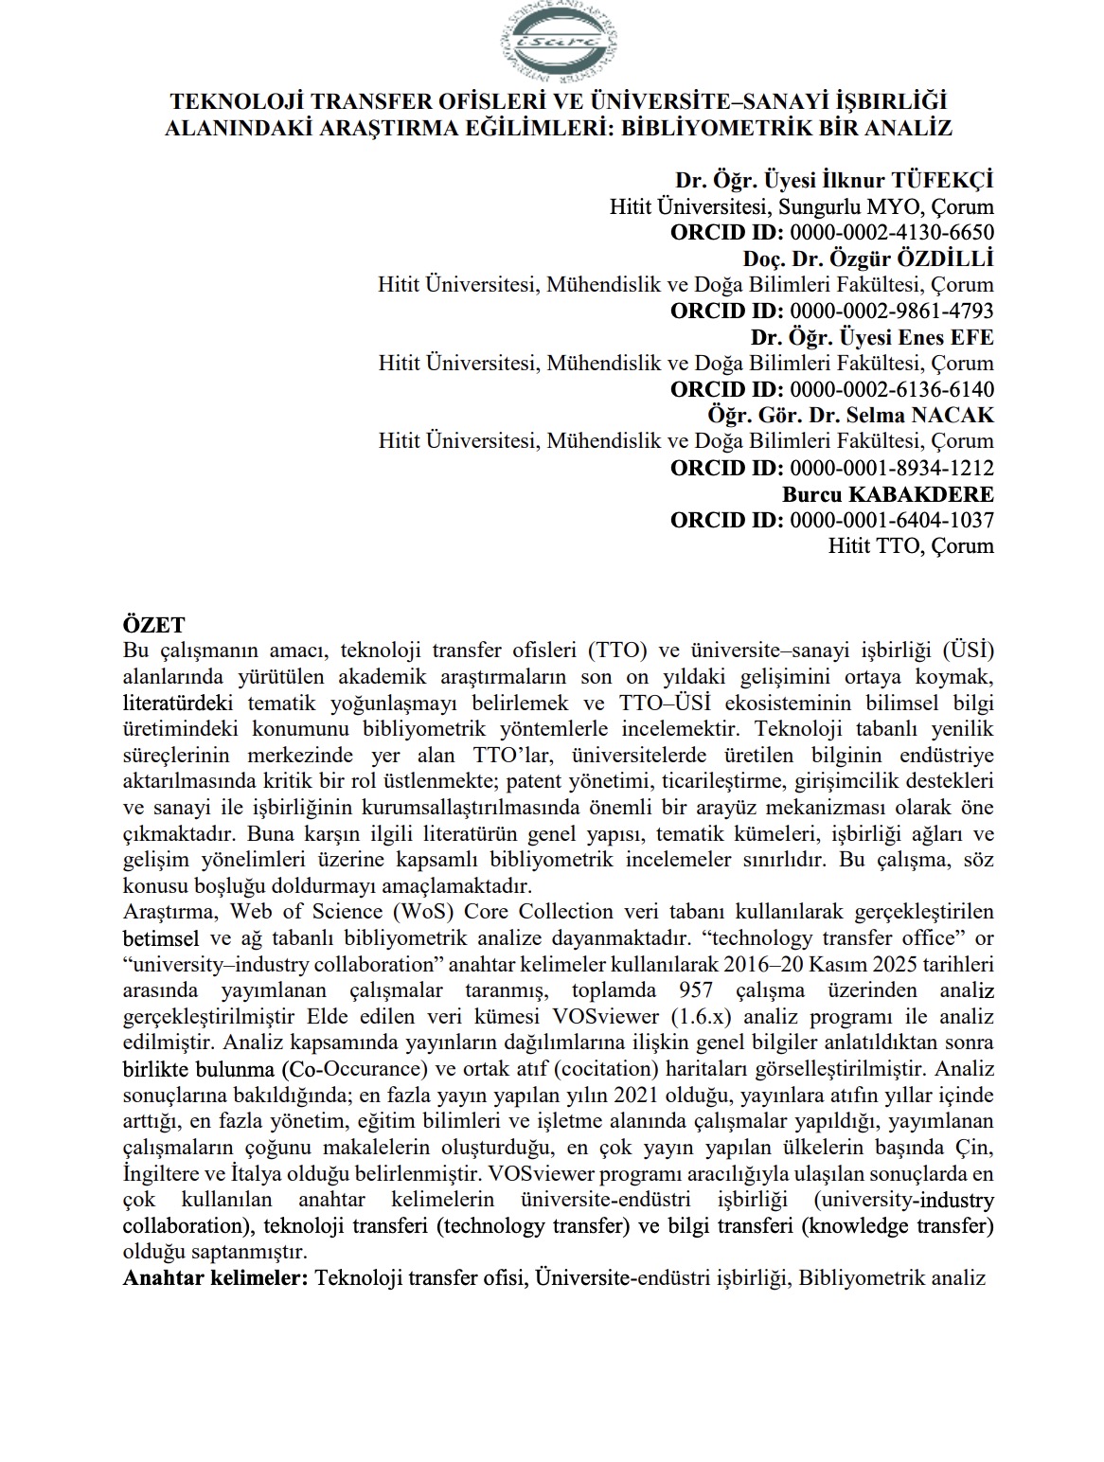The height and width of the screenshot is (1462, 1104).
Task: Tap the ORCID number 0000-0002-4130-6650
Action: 891,232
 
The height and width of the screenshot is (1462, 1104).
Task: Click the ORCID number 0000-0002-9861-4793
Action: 891,311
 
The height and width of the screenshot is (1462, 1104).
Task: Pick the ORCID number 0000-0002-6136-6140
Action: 891,389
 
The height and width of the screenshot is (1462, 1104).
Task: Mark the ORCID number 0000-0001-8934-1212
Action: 891,467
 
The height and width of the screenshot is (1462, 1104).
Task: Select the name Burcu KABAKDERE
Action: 888,493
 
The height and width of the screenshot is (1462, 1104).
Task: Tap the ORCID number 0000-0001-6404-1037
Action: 891,519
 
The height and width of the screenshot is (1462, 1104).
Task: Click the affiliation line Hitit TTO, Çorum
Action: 911,545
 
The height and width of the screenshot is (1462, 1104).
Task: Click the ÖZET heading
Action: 154,625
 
